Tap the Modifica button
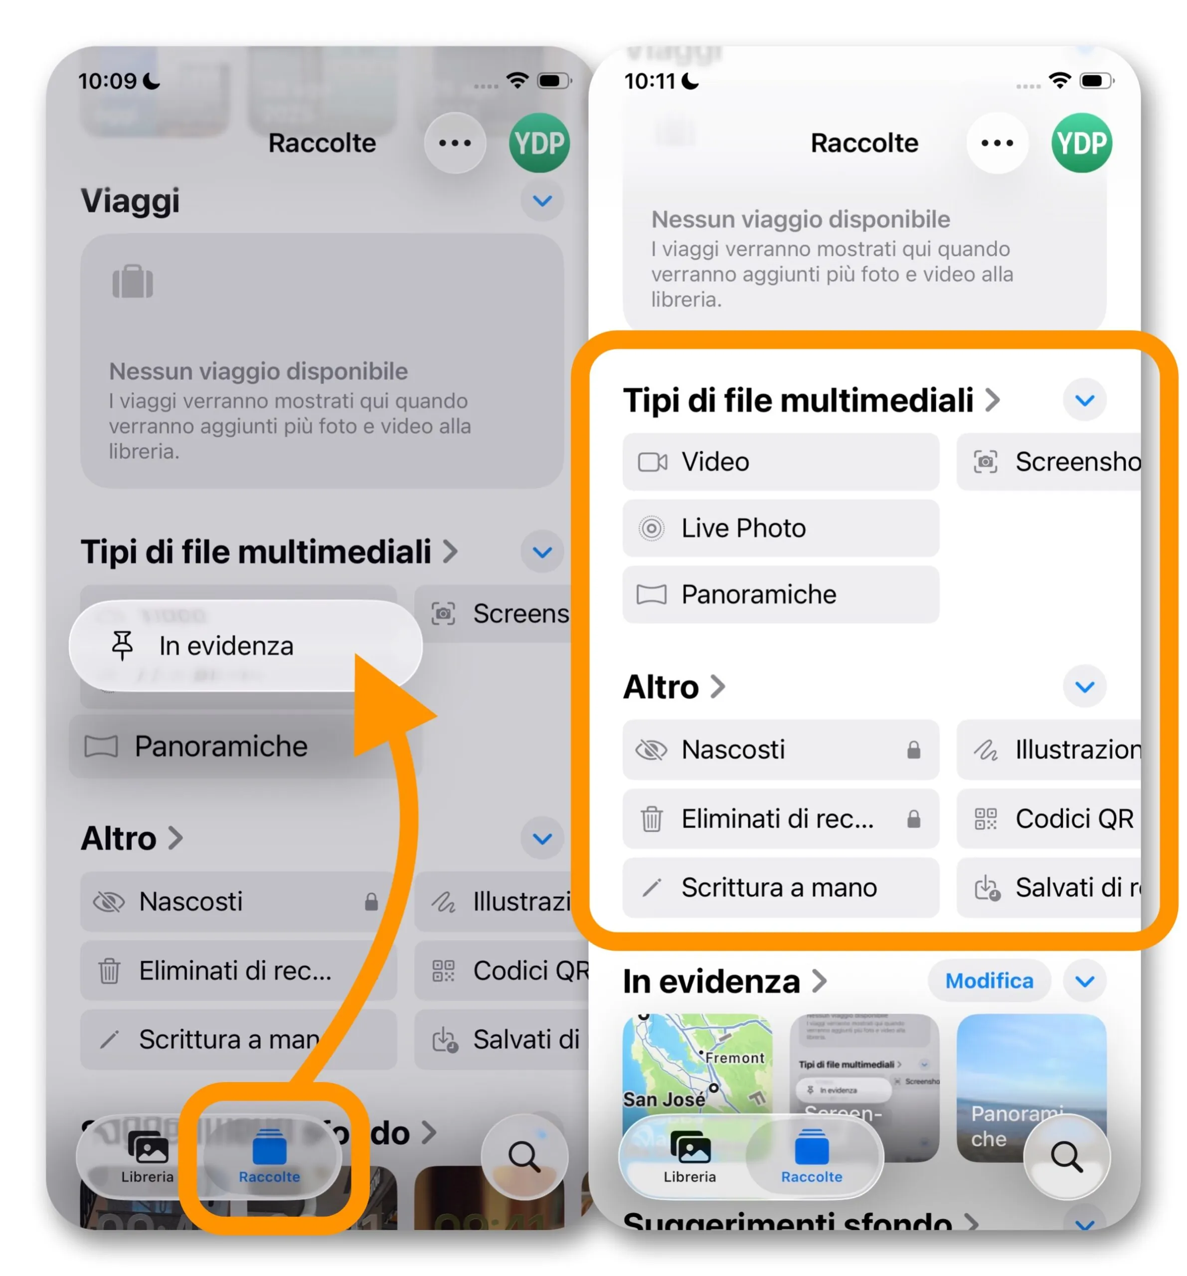[989, 980]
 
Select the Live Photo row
[780, 528]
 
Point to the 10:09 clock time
[107, 81]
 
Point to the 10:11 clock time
[650, 81]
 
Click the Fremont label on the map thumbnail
[734, 1057]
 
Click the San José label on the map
[664, 1099]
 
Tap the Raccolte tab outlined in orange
[270, 1155]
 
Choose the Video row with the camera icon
[780, 462]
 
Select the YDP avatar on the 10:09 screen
[539, 143]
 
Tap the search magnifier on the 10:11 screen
[1066, 1155]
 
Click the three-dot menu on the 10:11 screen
[997, 143]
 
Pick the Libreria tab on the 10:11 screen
[689, 1155]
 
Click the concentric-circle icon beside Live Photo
[651, 528]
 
